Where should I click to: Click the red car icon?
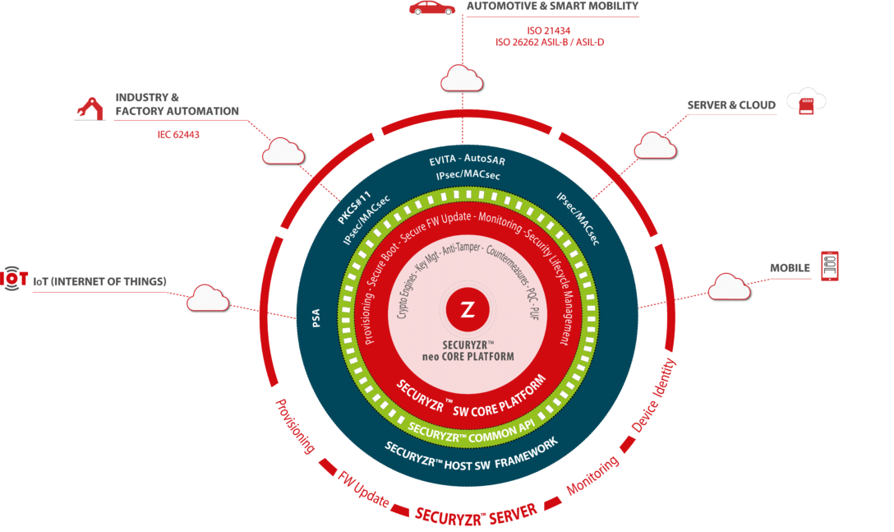(431, 7)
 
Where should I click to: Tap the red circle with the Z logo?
(468, 310)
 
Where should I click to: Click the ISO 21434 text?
(549, 30)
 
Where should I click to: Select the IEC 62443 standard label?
(178, 135)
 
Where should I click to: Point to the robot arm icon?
(90, 109)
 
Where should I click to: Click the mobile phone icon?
(830, 266)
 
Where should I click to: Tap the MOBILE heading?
(790, 268)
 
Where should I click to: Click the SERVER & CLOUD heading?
(731, 105)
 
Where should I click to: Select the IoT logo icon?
(14, 279)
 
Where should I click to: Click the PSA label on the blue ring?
(316, 318)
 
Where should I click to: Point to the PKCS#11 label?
(354, 207)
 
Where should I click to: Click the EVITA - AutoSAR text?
(467, 160)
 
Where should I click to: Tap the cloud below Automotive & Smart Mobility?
(462, 78)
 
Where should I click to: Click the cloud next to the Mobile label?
(729, 286)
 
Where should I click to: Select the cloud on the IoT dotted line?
(208, 298)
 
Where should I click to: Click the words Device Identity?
(653, 395)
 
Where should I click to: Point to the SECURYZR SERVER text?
(476, 514)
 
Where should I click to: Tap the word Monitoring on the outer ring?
(592, 475)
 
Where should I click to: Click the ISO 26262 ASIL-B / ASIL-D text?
(550, 42)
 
